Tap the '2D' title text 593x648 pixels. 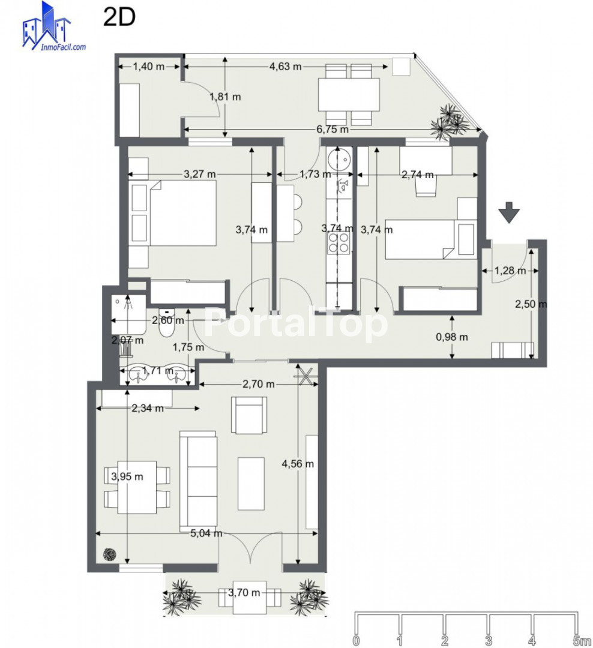click(119, 17)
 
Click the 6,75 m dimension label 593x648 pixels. click(333, 130)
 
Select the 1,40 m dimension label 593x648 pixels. click(148, 66)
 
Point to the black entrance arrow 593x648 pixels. click(508, 212)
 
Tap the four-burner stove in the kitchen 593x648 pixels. click(339, 242)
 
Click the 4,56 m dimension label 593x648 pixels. click(298, 464)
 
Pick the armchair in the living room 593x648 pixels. click(249, 415)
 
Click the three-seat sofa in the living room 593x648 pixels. click(198, 481)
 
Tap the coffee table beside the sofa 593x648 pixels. click(251, 484)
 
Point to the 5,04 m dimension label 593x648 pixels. click(206, 533)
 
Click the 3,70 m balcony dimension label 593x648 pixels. click(244, 593)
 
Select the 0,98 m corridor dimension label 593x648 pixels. click(452, 337)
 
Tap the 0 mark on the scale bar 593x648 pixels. click(357, 641)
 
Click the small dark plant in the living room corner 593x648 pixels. click(110, 554)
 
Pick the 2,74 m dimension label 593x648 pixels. click(418, 175)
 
